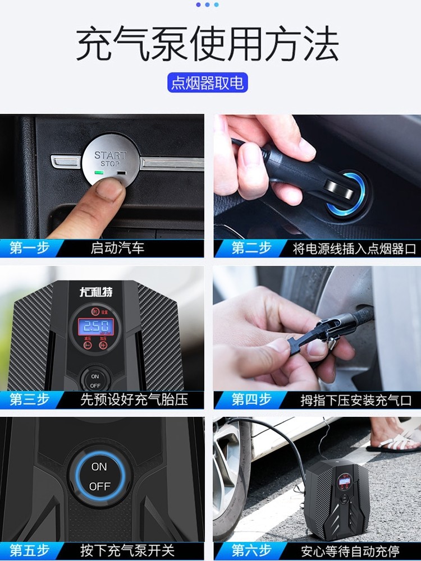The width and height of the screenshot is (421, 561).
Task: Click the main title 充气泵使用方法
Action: pyautogui.click(x=207, y=44)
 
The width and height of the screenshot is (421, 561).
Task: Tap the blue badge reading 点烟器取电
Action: pyautogui.click(x=207, y=83)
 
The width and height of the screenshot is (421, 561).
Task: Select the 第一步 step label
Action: pyautogui.click(x=29, y=247)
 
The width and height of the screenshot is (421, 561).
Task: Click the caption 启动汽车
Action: pyautogui.click(x=117, y=248)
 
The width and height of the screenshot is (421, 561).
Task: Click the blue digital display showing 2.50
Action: pyautogui.click(x=94, y=325)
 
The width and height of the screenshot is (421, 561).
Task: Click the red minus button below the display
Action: pyautogui.click(x=88, y=345)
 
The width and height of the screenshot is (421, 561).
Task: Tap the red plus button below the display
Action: pyautogui.click(x=103, y=345)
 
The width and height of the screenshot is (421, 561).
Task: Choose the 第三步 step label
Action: pyautogui.click(x=29, y=399)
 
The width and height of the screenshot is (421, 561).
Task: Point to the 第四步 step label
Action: pyautogui.click(x=251, y=399)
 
